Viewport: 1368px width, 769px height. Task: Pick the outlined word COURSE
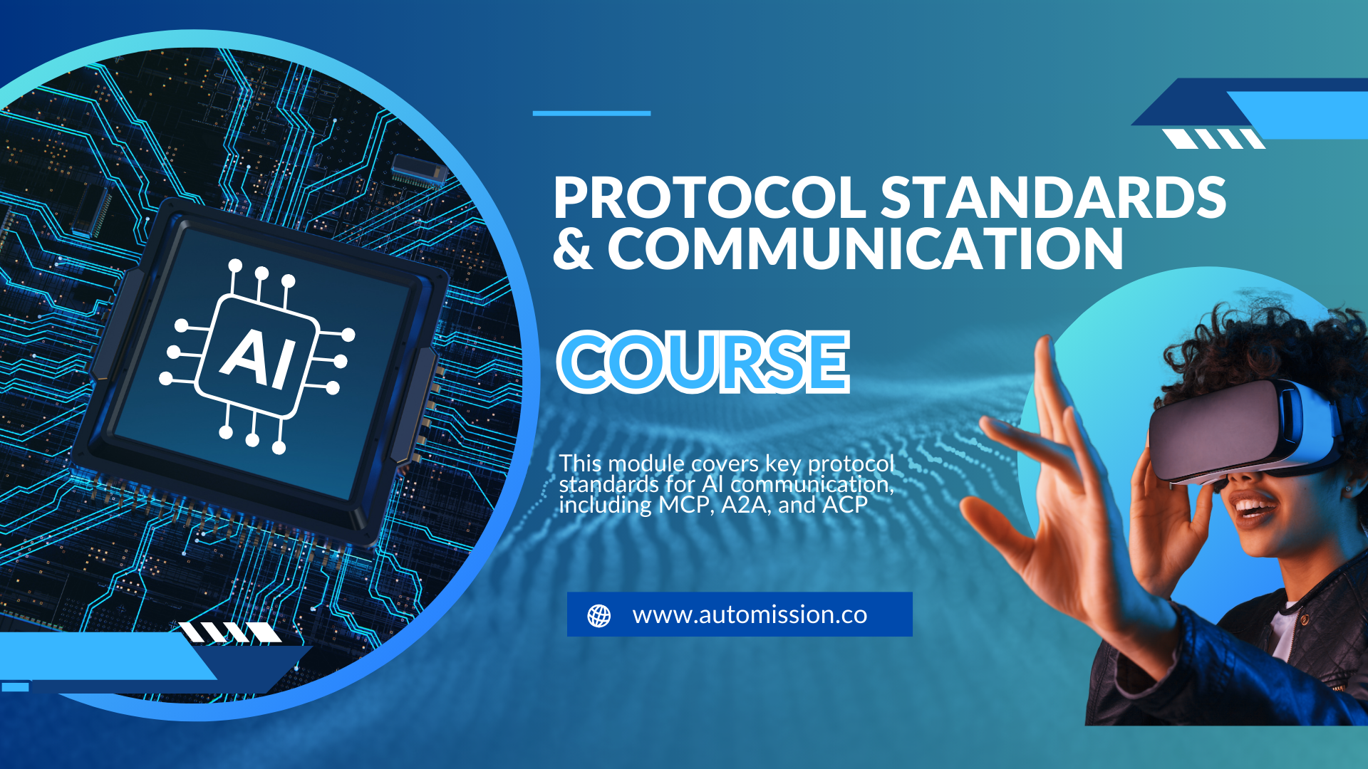pos(703,362)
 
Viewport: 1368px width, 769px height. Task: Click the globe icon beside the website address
pos(599,615)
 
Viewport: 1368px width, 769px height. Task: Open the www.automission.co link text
pos(750,614)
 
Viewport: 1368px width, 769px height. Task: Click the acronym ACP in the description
pos(845,505)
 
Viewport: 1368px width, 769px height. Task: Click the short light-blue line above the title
pos(591,113)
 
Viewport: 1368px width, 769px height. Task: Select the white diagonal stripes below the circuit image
pos(229,632)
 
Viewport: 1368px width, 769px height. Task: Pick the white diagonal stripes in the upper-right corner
pos(1213,139)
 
